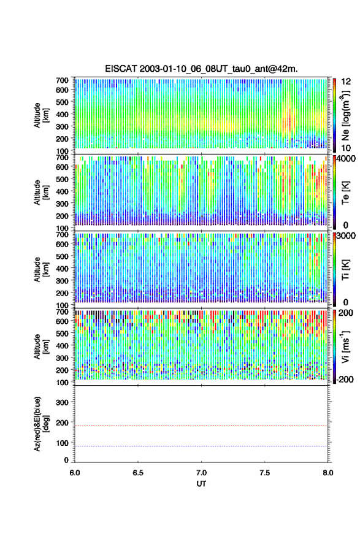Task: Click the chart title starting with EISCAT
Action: coord(201,69)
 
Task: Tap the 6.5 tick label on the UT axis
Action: coord(138,473)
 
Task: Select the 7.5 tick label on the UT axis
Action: coord(264,473)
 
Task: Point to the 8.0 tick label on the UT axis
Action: coord(327,473)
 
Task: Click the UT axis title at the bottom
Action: coord(201,484)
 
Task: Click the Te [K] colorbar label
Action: coord(345,193)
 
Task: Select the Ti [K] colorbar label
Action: coord(345,270)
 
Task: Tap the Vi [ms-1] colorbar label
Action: coord(345,346)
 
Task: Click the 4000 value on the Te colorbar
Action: coord(346,159)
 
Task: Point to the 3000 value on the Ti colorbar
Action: coord(346,236)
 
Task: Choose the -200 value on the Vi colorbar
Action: coord(345,380)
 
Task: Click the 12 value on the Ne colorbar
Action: coord(346,82)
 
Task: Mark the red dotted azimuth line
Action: coord(201,426)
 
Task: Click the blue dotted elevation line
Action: coord(201,446)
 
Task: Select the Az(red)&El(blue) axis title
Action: coord(41,424)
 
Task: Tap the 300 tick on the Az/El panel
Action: coord(63,402)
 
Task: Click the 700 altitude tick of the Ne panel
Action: coord(62,80)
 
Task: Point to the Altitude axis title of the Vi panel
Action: coord(41,346)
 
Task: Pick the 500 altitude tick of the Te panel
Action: coord(62,179)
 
